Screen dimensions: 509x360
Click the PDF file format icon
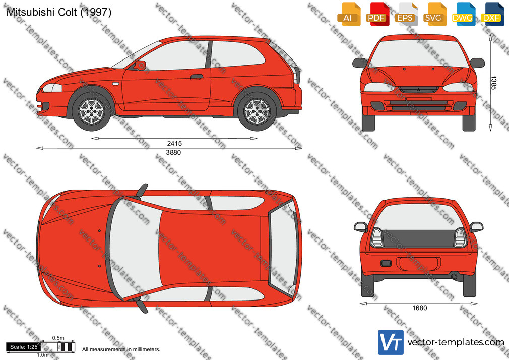pyautogui.click(x=376, y=14)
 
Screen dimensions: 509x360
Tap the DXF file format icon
pyautogui.click(x=492, y=14)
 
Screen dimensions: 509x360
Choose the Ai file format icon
pyautogui.click(x=348, y=14)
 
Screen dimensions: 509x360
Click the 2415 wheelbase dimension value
pyautogui.click(x=174, y=143)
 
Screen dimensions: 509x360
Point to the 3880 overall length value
pyautogui.click(x=173, y=152)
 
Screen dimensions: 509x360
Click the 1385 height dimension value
pyautogui.click(x=493, y=83)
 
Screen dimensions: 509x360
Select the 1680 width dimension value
pyautogui.click(x=419, y=308)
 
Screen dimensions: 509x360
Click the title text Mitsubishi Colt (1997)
pyautogui.click(x=59, y=12)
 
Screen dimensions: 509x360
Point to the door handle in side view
pyautogui.click(x=197, y=77)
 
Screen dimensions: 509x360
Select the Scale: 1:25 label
pyautogui.click(x=23, y=347)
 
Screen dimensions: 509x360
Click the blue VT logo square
pyautogui.click(x=391, y=342)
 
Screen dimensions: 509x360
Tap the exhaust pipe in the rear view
pyautogui.click(x=454, y=277)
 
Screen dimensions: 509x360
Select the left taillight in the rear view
pyautogui.click(x=377, y=238)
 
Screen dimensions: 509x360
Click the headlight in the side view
pyautogui.click(x=52, y=88)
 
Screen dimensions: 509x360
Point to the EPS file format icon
pyautogui.click(x=405, y=14)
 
